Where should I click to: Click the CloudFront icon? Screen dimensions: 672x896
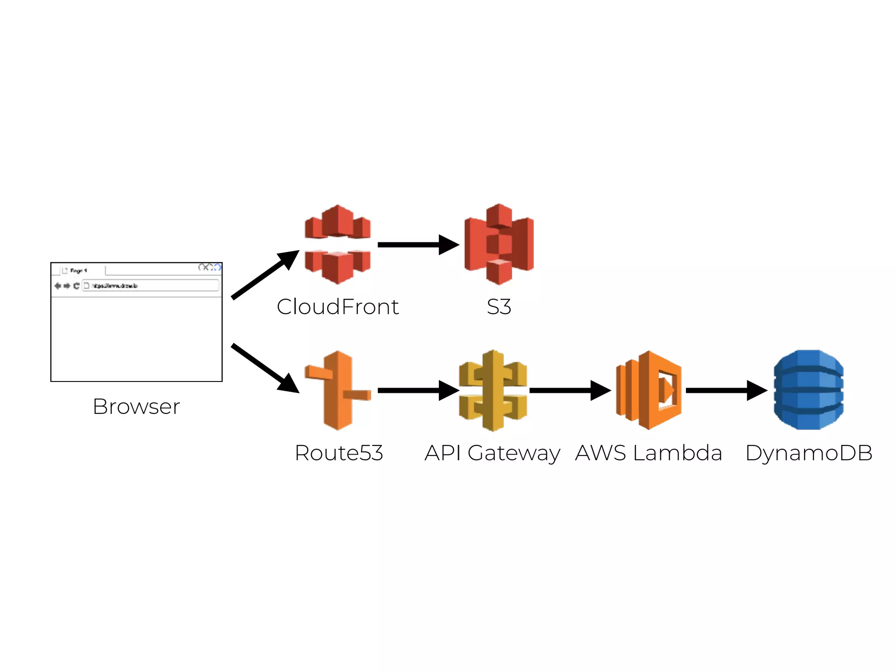[337, 244]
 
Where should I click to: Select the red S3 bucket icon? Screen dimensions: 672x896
[499, 244]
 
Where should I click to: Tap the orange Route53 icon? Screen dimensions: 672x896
[337, 390]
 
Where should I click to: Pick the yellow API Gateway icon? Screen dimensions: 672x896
[493, 390]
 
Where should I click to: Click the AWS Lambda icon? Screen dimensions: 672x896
[649, 390]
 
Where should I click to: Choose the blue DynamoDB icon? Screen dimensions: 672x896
[808, 390]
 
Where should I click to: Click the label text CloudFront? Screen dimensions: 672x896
[337, 307]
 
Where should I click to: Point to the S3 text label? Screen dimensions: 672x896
[499, 307]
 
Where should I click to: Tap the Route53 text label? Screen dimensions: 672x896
[339, 453]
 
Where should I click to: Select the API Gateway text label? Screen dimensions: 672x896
[492, 453]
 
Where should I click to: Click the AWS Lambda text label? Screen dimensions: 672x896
[648, 453]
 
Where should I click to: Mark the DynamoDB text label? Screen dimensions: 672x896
[808, 453]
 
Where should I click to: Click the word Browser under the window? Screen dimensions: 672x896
[136, 406]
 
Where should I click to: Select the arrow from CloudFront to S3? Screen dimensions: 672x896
[416, 245]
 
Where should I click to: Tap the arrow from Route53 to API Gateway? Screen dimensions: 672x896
[416, 390]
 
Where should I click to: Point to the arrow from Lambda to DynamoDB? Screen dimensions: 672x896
[724, 390]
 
